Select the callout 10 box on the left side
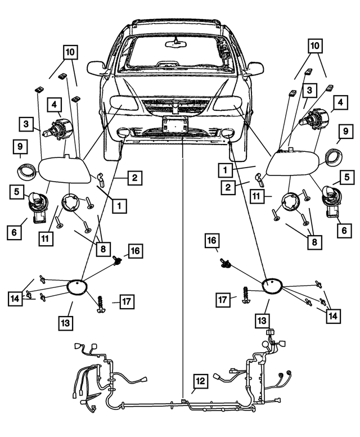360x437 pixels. click(70, 52)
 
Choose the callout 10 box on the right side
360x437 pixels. click(314, 46)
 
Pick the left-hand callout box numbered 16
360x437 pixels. click(135, 250)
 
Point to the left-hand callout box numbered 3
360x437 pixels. click(26, 123)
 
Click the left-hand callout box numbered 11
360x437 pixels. click(47, 238)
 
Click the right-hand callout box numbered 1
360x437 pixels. click(224, 168)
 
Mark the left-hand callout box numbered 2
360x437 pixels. click(134, 179)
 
